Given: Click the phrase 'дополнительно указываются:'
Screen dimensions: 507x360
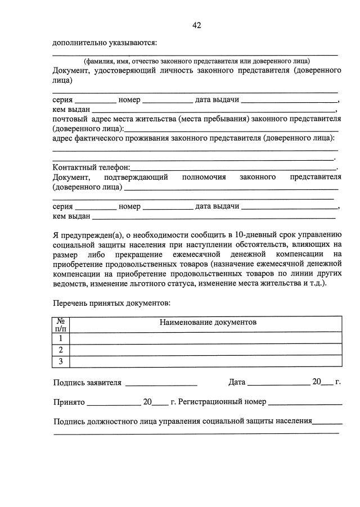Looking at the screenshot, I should point(105,43).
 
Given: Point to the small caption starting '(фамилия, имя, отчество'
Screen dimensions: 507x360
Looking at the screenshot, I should point(197,61).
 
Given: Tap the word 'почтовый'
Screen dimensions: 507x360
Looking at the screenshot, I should point(70,119).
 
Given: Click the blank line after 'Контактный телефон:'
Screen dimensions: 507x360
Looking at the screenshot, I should point(233,169).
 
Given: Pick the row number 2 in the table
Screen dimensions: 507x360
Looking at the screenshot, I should point(60,350).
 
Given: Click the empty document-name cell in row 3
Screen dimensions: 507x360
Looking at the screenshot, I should point(205,361).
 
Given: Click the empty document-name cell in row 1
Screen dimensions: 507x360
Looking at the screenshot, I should point(205,338).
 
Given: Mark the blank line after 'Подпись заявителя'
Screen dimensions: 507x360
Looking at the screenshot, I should point(161,384).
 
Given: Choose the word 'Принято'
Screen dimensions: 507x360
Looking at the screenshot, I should point(69,402).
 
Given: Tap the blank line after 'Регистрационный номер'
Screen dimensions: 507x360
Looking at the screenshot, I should point(305,404).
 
